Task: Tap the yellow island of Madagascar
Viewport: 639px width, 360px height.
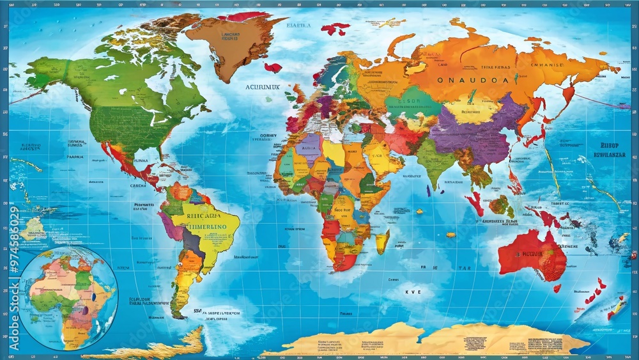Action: [382, 241]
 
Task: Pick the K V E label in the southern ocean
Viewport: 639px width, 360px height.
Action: [413, 291]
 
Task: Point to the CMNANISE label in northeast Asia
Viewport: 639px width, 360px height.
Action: [557, 64]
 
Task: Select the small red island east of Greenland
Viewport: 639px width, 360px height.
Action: [272, 67]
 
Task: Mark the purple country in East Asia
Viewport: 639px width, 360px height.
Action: [470, 136]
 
